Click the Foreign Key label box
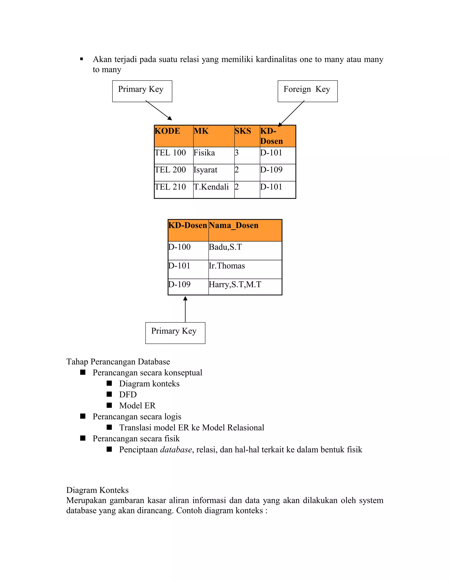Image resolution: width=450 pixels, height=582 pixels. (x=307, y=91)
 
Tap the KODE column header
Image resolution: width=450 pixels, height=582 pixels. (x=173, y=136)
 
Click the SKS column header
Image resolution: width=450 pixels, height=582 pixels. (x=247, y=136)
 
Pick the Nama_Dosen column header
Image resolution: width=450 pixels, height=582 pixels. (x=245, y=230)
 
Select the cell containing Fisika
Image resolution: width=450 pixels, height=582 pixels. (x=213, y=155)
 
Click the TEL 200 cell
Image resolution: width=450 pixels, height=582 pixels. (x=173, y=172)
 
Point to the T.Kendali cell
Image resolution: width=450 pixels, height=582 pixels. (x=213, y=190)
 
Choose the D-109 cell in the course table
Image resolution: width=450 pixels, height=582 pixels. (x=277, y=172)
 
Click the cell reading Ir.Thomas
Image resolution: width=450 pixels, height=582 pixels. (x=245, y=269)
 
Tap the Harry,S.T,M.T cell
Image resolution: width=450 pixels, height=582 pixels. (x=245, y=287)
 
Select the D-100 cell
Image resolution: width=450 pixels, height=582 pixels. (x=188, y=251)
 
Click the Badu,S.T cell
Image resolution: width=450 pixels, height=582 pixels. (x=245, y=251)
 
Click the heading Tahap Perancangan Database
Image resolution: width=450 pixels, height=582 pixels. (x=118, y=362)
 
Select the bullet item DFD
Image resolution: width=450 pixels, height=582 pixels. (x=128, y=394)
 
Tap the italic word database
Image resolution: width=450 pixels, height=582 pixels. (x=176, y=450)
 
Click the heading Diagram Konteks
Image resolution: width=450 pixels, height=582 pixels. (x=97, y=490)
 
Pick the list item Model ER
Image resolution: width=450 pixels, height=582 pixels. (x=137, y=405)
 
